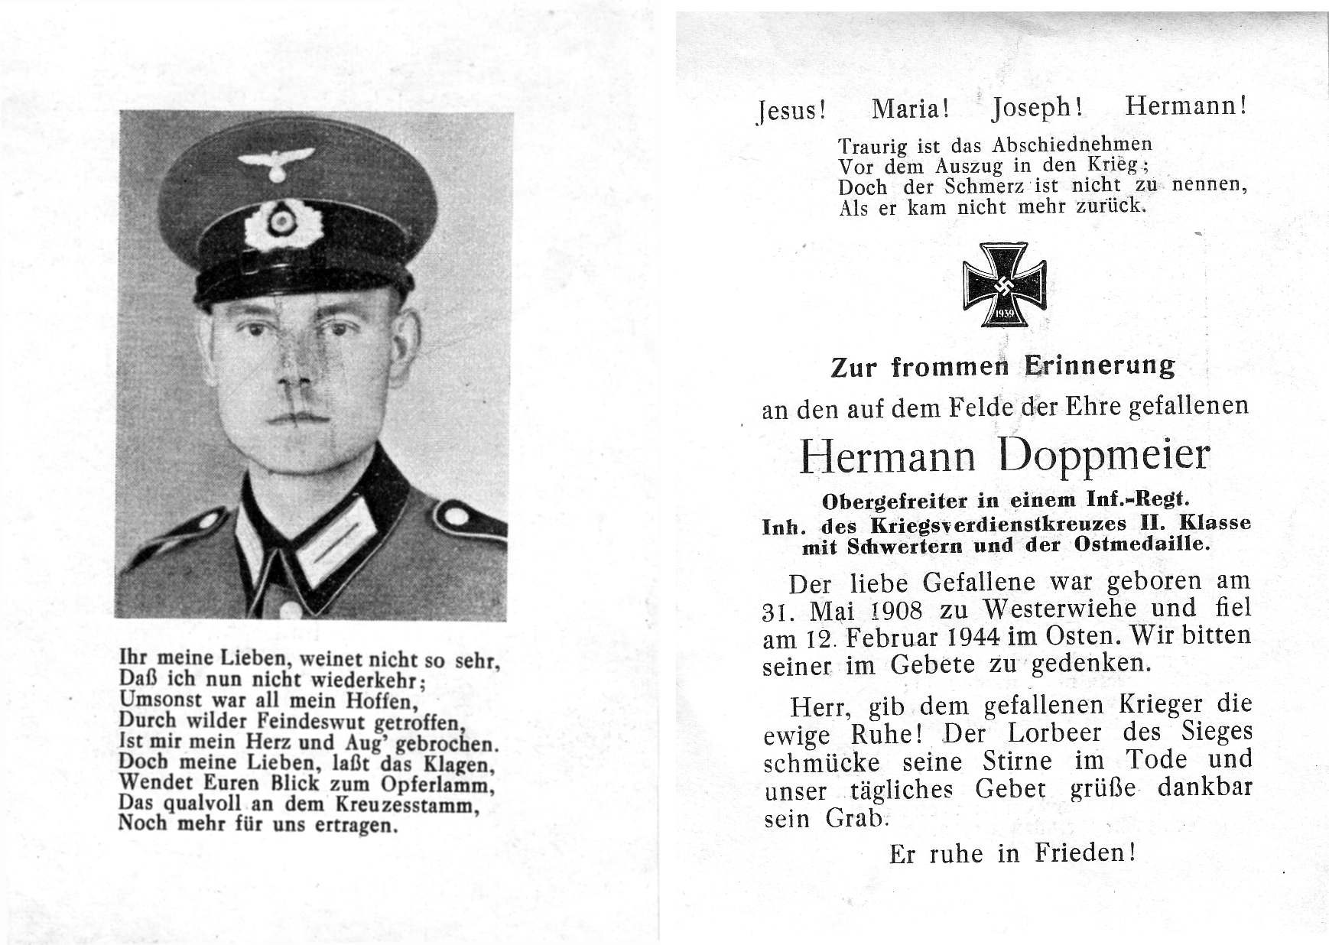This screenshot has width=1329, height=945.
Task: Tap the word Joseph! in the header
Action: (x=1037, y=109)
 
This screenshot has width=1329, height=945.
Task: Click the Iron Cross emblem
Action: (x=1004, y=284)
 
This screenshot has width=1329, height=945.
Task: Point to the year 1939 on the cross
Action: (x=1004, y=315)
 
